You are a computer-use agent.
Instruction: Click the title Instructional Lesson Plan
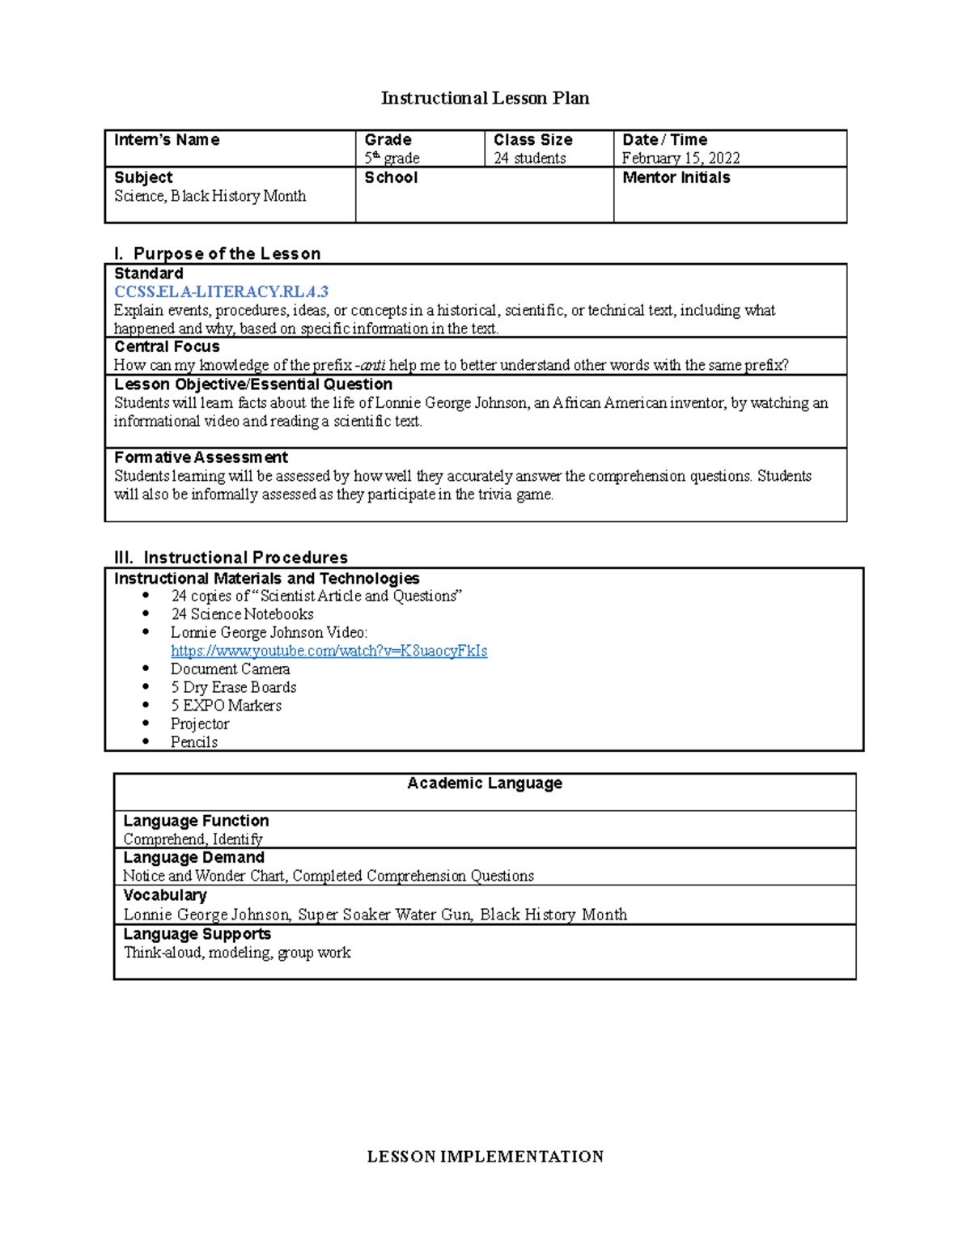click(x=485, y=99)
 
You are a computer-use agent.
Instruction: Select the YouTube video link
click(x=329, y=651)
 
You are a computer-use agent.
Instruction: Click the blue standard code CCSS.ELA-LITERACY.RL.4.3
click(x=221, y=291)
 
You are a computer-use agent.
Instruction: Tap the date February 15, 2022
click(x=681, y=158)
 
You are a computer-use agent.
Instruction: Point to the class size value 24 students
click(x=529, y=158)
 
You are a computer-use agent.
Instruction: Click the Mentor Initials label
click(x=676, y=177)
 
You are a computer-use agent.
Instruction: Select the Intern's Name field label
click(x=167, y=140)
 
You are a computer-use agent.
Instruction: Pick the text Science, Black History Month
click(x=210, y=196)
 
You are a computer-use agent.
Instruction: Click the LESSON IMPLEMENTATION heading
click(x=485, y=1157)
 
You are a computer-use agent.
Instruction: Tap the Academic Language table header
click(x=485, y=783)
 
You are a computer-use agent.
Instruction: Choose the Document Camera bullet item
click(x=230, y=669)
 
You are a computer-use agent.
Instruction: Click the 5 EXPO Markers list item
click(x=226, y=706)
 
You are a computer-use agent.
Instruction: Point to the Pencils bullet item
click(x=193, y=742)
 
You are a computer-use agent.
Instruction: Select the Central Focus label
click(x=167, y=346)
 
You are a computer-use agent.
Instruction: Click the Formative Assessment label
click(x=201, y=457)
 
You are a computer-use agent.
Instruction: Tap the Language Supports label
click(x=197, y=933)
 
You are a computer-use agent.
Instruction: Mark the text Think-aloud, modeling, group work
click(x=237, y=953)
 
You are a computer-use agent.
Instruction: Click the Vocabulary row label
click(x=164, y=895)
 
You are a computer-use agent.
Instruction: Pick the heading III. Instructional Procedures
click(x=231, y=558)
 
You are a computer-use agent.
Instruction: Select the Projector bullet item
click(x=199, y=724)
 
